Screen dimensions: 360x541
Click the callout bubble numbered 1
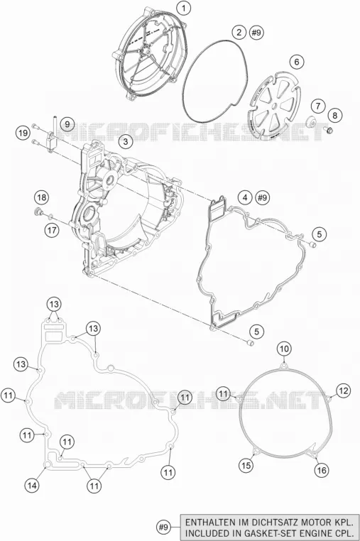(185, 8)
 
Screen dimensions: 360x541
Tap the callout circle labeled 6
(297, 62)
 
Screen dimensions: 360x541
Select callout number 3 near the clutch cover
(126, 141)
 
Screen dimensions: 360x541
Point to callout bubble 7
(318, 106)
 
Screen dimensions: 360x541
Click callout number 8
(335, 115)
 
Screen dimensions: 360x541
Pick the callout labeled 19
(23, 133)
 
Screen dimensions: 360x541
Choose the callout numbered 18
(41, 197)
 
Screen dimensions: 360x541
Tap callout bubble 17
(52, 230)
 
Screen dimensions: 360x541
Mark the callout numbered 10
(284, 349)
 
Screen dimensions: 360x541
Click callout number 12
(343, 390)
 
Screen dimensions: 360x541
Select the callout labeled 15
(246, 466)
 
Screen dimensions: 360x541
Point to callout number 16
(322, 470)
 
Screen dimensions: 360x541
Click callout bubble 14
(32, 486)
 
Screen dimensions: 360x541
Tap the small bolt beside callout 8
(328, 130)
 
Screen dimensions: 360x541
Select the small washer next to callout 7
(312, 122)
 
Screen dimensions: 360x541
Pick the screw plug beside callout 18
(38, 211)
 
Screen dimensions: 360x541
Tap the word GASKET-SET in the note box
(280, 532)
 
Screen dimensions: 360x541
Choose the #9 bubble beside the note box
(163, 528)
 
